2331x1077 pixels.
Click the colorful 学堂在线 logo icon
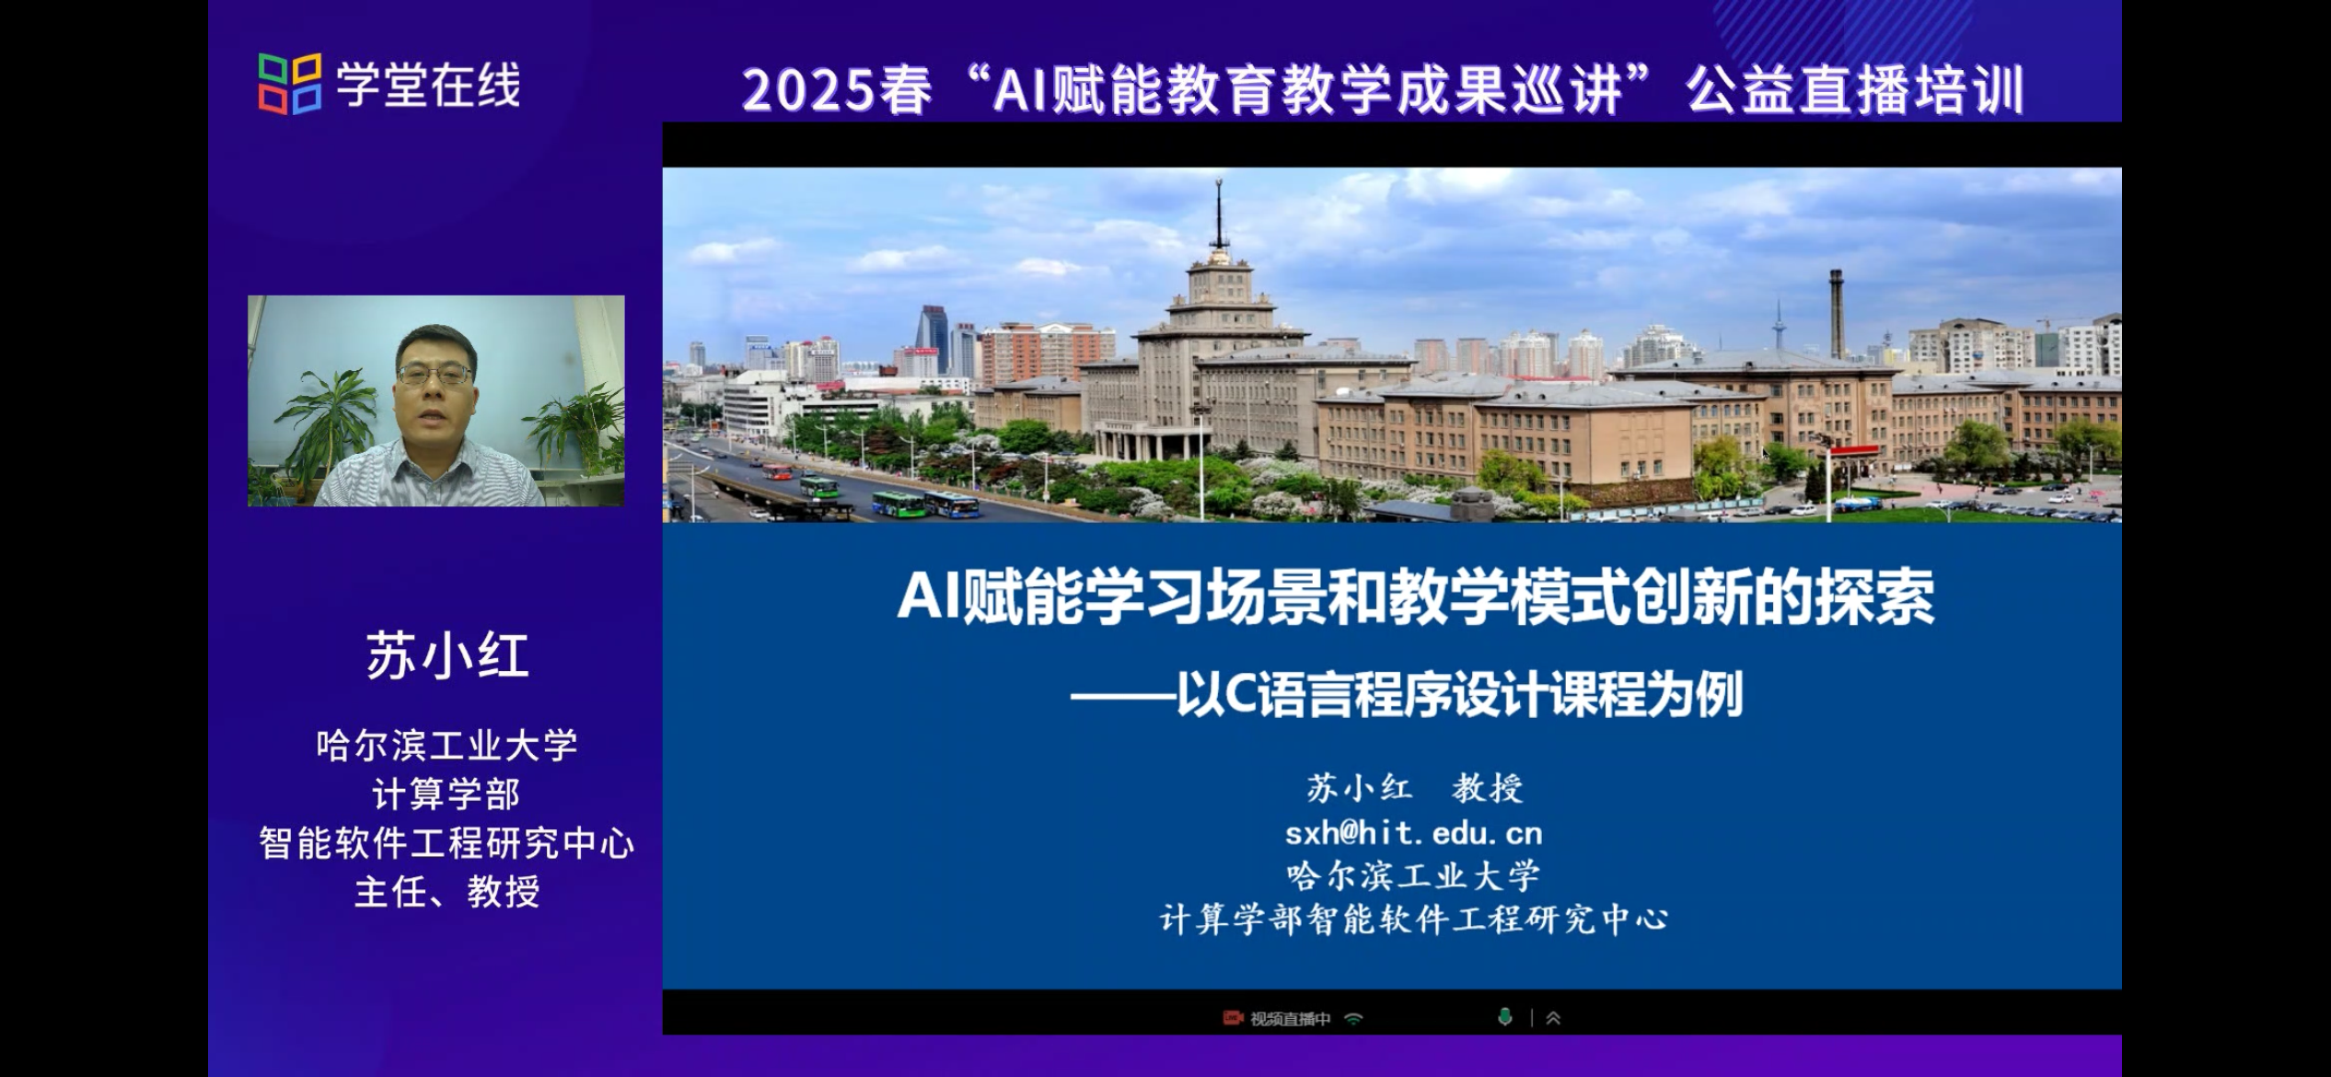click(290, 84)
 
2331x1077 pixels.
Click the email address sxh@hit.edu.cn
click(1413, 833)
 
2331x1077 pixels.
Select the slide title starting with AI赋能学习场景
click(1416, 597)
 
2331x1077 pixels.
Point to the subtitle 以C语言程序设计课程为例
click(1459, 695)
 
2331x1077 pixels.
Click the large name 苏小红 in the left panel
click(447, 656)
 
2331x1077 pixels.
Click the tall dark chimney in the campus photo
click(1836, 313)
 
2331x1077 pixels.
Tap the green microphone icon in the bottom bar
click(1505, 1016)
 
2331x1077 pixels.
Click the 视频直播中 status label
click(1290, 1018)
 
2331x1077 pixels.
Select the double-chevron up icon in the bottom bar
click(1553, 1017)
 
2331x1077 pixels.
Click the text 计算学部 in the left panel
click(446, 793)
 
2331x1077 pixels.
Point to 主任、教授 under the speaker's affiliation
click(447, 891)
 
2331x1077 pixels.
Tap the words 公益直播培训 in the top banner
click(1854, 90)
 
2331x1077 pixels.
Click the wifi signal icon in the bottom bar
click(1353, 1018)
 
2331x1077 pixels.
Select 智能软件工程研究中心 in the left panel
click(447, 843)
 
